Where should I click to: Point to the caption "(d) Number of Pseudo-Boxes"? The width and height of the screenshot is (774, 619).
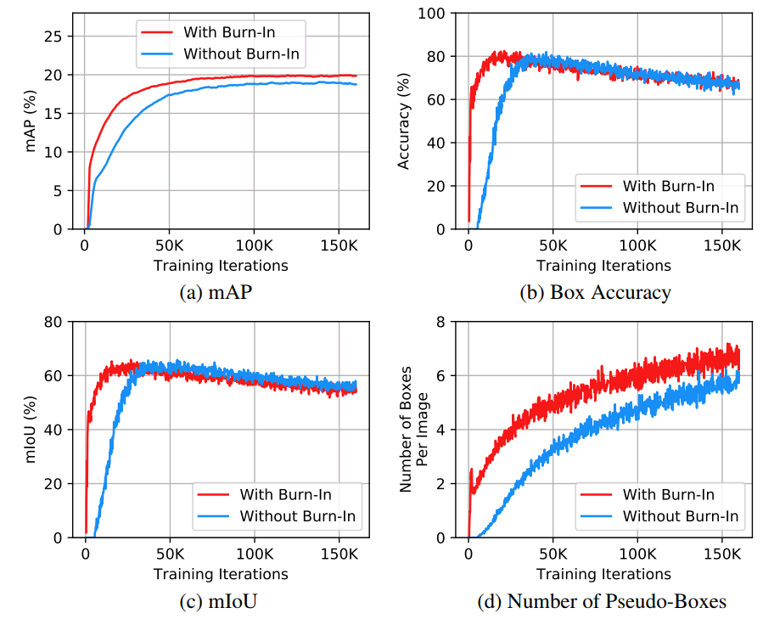[603, 602]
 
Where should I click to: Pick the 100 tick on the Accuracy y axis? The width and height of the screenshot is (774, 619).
[441, 13]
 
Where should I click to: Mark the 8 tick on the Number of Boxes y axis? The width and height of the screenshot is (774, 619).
[451, 322]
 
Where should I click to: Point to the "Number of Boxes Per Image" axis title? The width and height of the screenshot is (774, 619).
[414, 430]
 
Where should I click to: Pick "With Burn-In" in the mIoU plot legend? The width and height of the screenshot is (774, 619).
[285, 494]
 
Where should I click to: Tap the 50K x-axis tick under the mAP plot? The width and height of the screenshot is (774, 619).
[169, 246]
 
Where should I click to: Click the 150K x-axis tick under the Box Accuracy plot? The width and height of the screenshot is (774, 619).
[721, 246]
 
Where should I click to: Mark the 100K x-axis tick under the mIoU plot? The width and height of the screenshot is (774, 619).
[254, 554]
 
